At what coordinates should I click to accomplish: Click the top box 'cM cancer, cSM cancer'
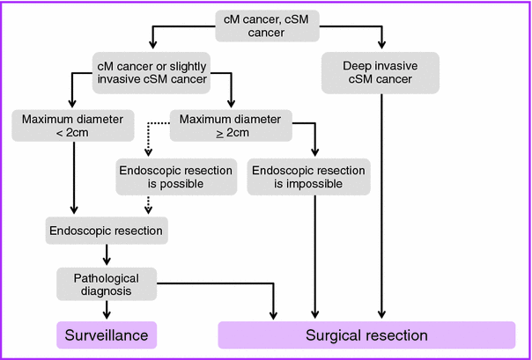pyautogui.click(x=268, y=26)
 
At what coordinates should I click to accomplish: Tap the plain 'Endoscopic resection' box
pyautogui.click(x=107, y=231)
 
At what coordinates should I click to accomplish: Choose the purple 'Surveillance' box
pyautogui.click(x=107, y=335)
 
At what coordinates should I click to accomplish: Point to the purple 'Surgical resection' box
pyautogui.click(x=366, y=335)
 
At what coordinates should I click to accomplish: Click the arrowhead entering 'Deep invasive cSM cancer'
pyautogui.click(x=382, y=47)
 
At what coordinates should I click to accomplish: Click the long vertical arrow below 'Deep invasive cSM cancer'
pyautogui.click(x=382, y=202)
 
